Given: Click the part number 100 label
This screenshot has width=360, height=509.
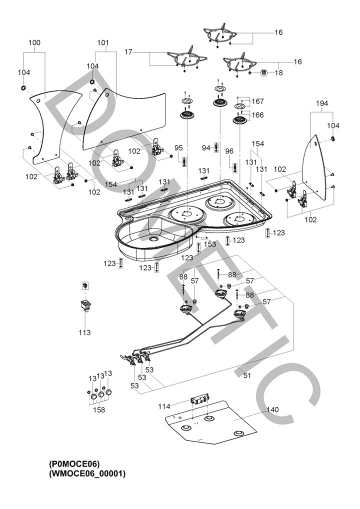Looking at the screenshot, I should tap(34, 43).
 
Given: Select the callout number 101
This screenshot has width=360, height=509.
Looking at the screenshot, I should tap(102, 43).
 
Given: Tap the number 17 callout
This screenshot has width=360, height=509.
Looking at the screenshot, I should tap(128, 51).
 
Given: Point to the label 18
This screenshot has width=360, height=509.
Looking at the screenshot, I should tap(278, 73).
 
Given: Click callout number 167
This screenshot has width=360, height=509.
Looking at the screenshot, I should tap(258, 101).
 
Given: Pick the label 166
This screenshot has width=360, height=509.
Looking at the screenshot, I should tap(258, 115).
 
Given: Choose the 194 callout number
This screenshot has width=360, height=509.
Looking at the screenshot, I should tap(322, 103).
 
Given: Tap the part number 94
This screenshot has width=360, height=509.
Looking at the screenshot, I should tap(206, 147).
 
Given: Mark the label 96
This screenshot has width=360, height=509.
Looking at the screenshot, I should tap(229, 151).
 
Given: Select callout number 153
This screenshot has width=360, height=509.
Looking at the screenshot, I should tap(209, 244).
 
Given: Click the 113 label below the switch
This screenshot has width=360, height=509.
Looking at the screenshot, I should tap(85, 332).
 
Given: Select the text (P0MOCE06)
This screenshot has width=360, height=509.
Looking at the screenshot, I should tap(77, 463).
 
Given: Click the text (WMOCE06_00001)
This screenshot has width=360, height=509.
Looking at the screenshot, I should tap(87, 473).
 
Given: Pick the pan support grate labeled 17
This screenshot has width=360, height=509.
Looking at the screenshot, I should tap(186, 58).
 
